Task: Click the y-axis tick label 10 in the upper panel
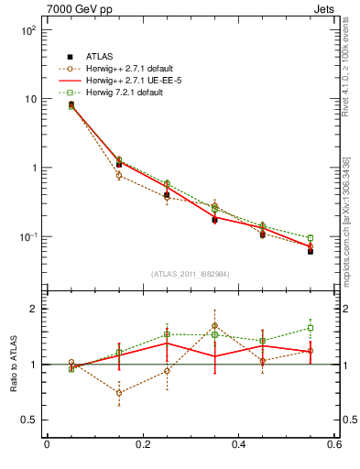point(30,99)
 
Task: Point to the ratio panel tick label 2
point(34,310)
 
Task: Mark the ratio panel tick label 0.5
point(29,420)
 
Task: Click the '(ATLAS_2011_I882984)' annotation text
point(190,273)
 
